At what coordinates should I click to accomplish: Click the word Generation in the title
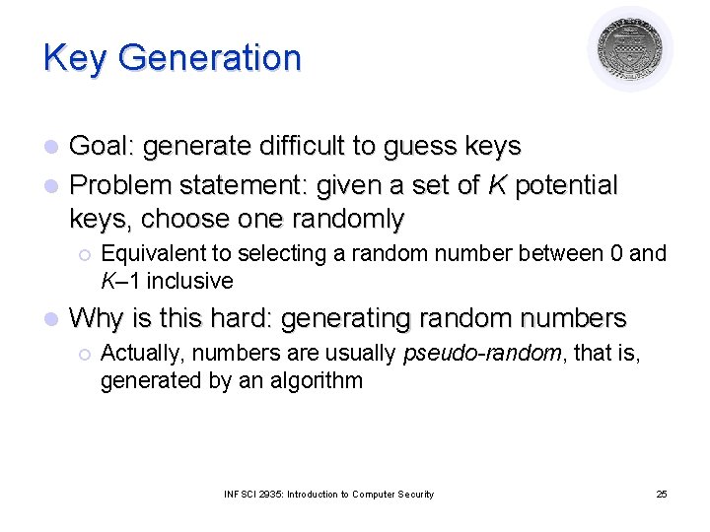(x=209, y=58)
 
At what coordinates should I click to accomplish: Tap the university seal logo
(x=630, y=49)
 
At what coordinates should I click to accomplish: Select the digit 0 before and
(x=615, y=254)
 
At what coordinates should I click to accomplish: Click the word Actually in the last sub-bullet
(x=137, y=354)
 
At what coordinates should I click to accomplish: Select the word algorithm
(x=315, y=380)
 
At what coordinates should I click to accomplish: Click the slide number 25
(x=662, y=495)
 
